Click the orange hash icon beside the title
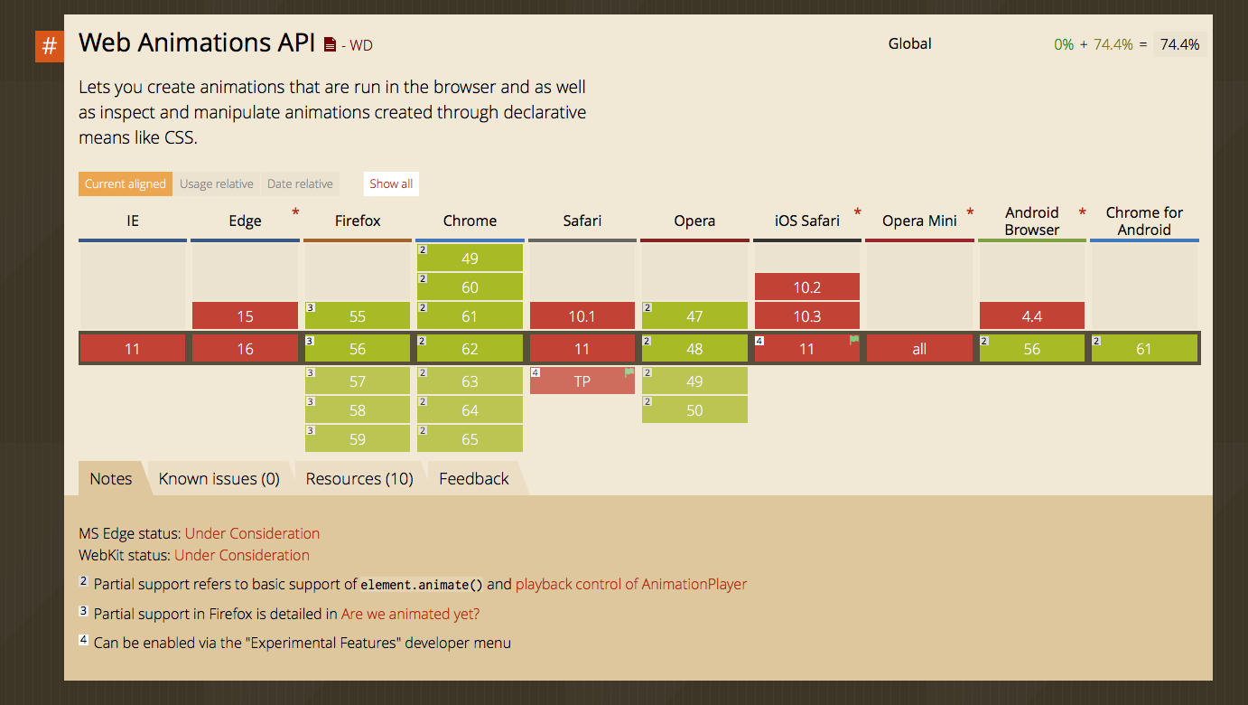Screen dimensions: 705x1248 click(50, 46)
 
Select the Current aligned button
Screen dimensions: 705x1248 click(126, 183)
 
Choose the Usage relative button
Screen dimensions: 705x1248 click(217, 183)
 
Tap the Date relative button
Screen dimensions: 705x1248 click(301, 183)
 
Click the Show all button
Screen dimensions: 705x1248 click(391, 183)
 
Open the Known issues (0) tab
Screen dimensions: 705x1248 click(219, 479)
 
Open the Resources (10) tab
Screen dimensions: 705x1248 click(359, 479)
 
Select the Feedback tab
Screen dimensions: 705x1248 click(474, 479)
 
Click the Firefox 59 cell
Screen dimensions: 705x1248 click(358, 439)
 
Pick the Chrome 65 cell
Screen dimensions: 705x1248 click(470, 439)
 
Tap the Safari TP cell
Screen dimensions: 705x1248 click(582, 381)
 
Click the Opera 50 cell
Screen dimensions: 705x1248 click(694, 410)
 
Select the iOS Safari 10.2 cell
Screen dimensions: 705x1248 click(807, 287)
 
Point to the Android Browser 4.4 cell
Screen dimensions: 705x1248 click(1032, 316)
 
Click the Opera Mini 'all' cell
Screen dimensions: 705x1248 click(919, 349)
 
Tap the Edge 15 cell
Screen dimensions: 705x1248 click(246, 316)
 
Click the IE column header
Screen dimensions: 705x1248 click(133, 221)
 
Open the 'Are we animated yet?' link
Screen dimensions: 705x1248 click(411, 614)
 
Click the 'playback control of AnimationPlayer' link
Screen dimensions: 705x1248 click(631, 584)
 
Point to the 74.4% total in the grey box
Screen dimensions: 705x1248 click(1180, 44)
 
